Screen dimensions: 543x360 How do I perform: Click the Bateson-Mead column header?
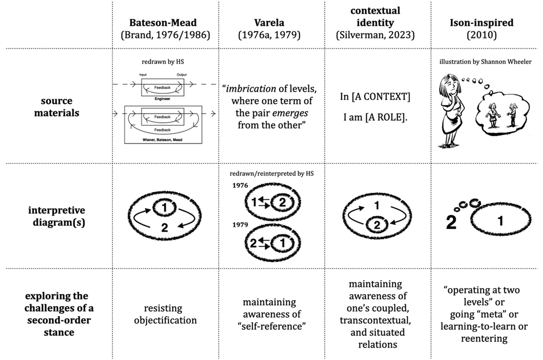tap(163, 23)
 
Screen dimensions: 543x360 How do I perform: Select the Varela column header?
tap(269, 23)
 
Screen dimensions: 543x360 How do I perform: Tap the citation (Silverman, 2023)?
tap(375, 35)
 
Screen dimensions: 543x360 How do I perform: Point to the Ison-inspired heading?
tap(481, 23)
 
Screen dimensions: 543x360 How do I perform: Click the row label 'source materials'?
tap(57, 107)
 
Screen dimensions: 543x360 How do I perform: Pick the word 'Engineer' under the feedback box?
tap(162, 99)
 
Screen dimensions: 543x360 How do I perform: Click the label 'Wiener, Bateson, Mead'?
tap(162, 140)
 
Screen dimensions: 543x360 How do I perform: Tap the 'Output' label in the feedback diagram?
tap(181, 75)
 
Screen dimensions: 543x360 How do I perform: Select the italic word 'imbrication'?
tap(251, 89)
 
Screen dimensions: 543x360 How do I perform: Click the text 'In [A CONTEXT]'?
tap(375, 96)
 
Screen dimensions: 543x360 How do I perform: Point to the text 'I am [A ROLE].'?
tap(375, 117)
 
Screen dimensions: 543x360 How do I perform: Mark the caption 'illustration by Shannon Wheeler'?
tap(485, 62)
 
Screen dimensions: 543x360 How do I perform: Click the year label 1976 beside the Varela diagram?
tap(240, 186)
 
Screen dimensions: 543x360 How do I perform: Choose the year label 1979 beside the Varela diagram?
tap(240, 225)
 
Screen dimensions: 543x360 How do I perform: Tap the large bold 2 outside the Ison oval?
tap(451, 223)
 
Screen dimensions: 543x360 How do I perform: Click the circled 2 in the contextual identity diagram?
tap(377, 225)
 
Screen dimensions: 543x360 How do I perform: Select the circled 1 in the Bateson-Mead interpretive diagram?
tap(164, 207)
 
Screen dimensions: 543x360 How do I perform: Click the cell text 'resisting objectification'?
tap(165, 314)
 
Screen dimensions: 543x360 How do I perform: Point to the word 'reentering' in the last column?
tap(484, 338)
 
